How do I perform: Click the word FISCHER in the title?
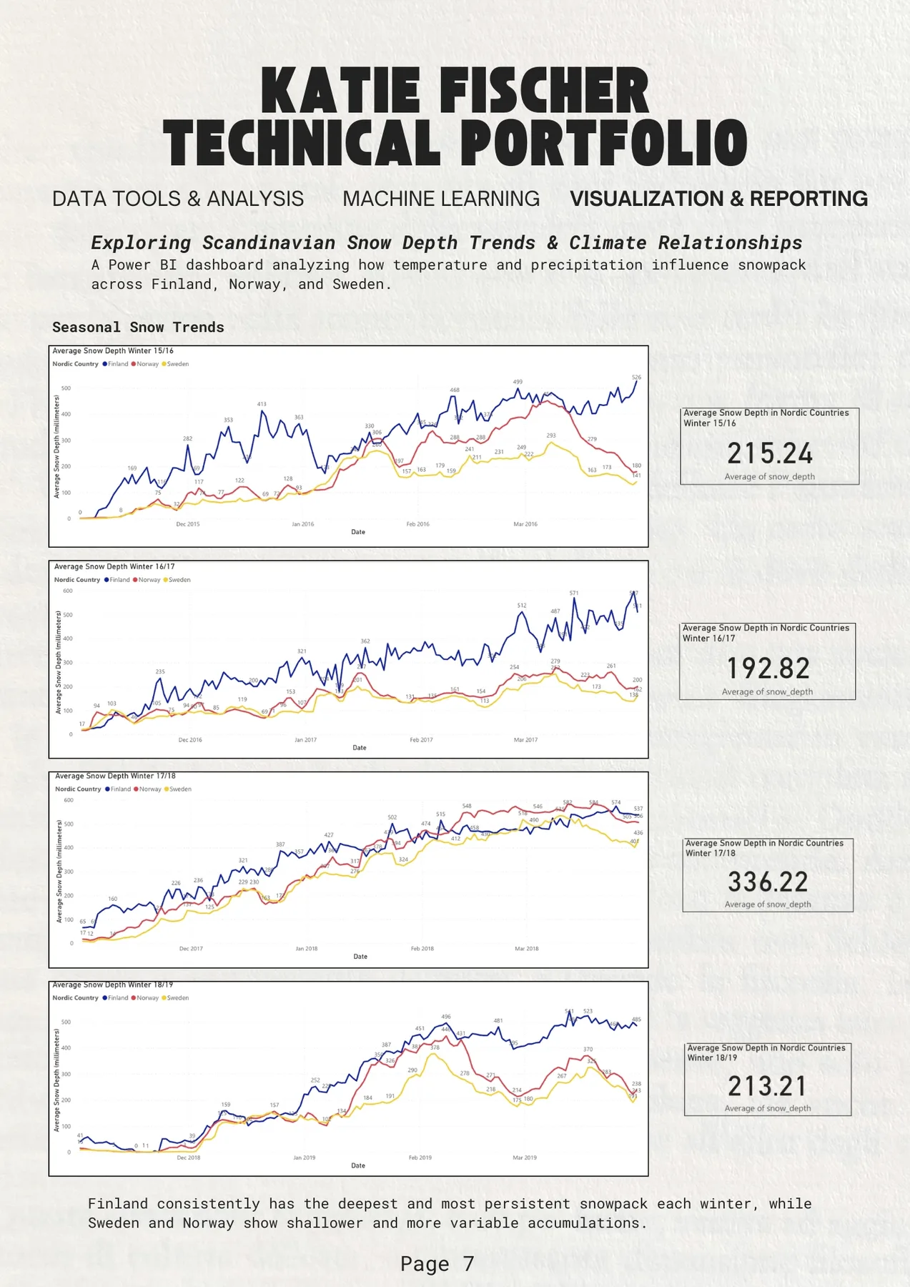point(543,92)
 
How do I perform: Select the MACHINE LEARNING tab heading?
point(440,199)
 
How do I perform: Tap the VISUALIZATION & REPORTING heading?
point(718,199)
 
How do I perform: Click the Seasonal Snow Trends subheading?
point(138,327)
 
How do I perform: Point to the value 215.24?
point(770,453)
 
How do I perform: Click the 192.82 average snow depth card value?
point(768,669)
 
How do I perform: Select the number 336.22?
point(768,882)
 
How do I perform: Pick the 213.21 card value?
point(767,1086)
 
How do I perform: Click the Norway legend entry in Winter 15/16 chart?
point(147,364)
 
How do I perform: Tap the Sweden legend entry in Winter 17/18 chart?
point(179,789)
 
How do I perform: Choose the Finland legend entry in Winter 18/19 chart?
point(118,997)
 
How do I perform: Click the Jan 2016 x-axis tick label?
point(302,524)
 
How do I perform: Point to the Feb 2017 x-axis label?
point(421,740)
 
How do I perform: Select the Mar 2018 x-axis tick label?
point(527,949)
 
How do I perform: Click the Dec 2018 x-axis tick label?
point(189,1158)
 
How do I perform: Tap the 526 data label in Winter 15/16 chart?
point(636,377)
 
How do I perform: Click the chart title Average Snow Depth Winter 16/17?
point(114,566)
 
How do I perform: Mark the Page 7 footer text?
point(437,1264)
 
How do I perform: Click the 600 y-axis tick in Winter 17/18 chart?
point(69,800)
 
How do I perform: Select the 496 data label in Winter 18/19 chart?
point(446,1016)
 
